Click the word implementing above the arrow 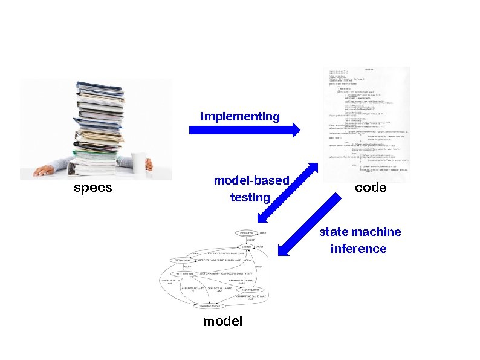click(240, 116)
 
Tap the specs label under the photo click(92, 188)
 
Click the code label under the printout click(371, 188)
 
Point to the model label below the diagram click(222, 321)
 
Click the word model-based click(251, 181)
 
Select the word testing click(250, 197)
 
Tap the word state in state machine click(334, 232)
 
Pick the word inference click(358, 249)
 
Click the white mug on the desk click(140, 162)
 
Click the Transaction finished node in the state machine click(210, 306)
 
